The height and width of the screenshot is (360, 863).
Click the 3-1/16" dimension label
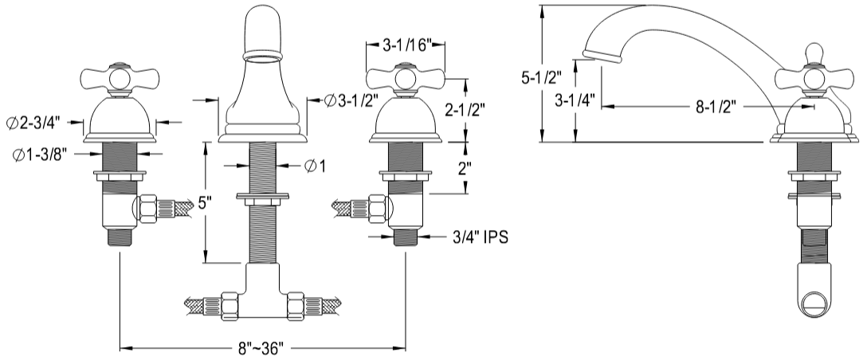click(406, 45)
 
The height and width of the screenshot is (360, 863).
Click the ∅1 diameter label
click(315, 166)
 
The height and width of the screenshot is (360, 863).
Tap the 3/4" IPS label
click(480, 237)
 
